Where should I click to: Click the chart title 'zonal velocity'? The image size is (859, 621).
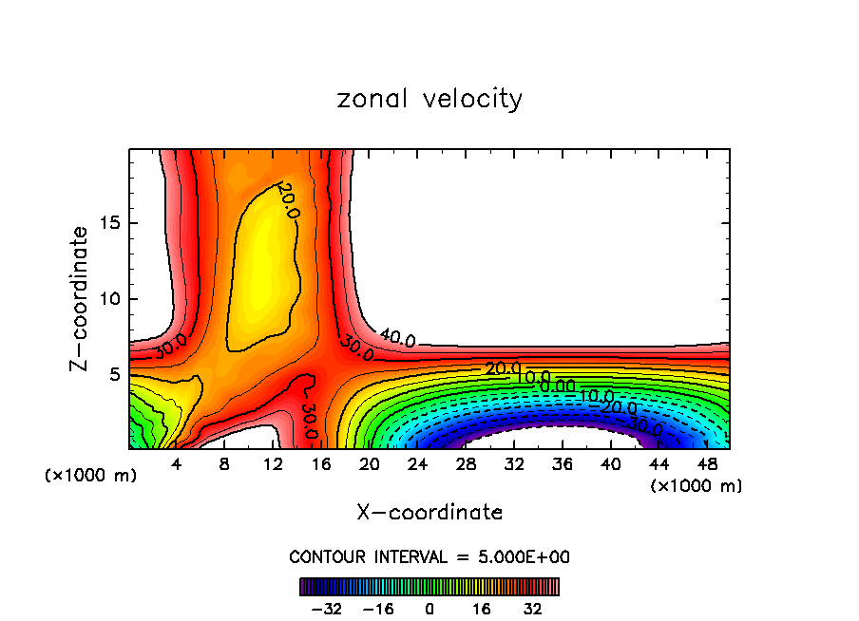coord(429,99)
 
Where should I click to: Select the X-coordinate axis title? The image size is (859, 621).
coord(429,512)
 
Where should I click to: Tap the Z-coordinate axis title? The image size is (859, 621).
coord(79,298)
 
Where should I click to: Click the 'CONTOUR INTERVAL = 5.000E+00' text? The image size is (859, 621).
coord(429,556)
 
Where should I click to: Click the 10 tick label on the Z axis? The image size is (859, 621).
coord(111,299)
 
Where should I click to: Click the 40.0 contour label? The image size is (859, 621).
coord(396,338)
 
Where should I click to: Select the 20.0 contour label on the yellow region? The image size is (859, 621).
coord(289,201)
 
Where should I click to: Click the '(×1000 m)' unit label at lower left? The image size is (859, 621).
coord(90,476)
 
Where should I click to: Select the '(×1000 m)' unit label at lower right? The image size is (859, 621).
coord(697,486)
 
